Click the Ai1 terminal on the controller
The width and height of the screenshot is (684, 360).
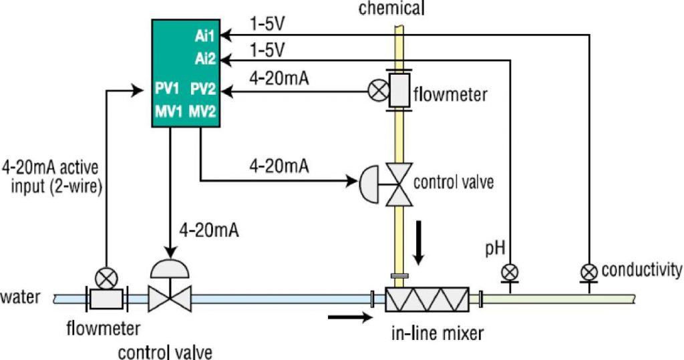(206, 34)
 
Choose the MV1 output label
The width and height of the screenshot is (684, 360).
(166, 112)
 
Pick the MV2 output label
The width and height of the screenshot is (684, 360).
(203, 112)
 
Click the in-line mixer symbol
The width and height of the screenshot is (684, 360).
(427, 299)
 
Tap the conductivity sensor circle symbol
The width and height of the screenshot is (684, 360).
(589, 272)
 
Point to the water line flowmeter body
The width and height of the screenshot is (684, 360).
(106, 299)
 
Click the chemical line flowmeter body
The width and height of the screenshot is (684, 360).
(399, 90)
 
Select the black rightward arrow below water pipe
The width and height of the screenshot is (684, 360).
(349, 319)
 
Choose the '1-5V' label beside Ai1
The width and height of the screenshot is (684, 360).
(267, 25)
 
